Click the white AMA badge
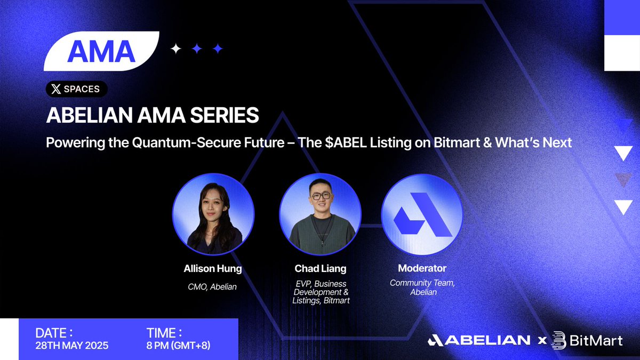[x=101, y=51]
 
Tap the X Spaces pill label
[x=77, y=89]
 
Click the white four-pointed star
[x=175, y=49]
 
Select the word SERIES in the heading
[x=225, y=115]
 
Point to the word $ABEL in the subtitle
[x=346, y=142]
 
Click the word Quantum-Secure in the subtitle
[x=208, y=142]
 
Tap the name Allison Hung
[x=213, y=269]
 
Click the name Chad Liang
[x=321, y=269]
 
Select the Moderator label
[x=422, y=268]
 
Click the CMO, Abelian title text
[x=212, y=286]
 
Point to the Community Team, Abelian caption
[x=422, y=287]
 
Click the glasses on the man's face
[x=321, y=196]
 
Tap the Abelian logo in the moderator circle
[x=422, y=214]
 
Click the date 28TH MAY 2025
[x=72, y=346]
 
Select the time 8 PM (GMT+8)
[x=179, y=346]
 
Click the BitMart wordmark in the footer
[x=587, y=341]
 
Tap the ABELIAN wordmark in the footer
[x=479, y=340]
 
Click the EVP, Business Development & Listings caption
[x=321, y=292]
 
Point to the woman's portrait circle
[x=213, y=214]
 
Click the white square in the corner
[x=622, y=53]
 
